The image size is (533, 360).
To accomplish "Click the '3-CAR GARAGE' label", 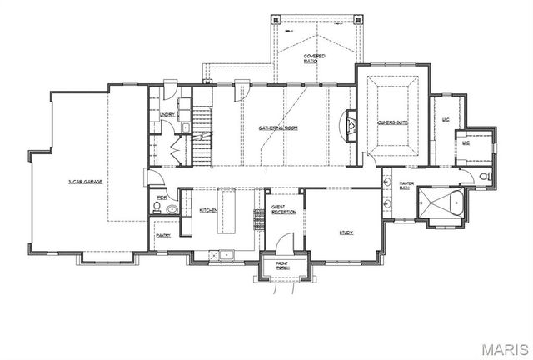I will [85, 180].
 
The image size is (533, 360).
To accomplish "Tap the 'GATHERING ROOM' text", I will [278, 127].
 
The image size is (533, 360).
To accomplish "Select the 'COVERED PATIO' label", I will [314, 58].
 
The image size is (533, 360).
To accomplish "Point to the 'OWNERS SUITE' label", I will [391, 122].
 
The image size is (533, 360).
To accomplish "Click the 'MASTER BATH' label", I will [406, 186].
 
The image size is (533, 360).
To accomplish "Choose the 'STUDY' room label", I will [347, 232].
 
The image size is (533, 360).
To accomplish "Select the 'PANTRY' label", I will [163, 236].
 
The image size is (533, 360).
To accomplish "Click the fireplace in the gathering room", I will [351, 127].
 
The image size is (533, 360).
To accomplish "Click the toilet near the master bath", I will [486, 177].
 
